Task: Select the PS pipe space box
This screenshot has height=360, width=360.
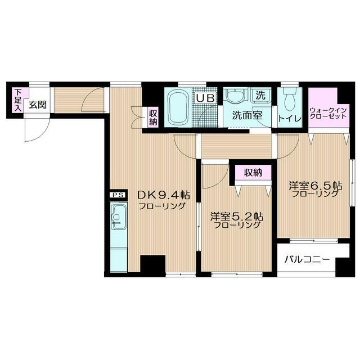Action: point(118,195)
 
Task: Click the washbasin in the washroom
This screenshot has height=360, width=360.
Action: point(236,97)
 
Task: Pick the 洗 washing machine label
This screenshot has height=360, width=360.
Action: point(260,96)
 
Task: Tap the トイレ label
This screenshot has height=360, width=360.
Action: point(290,119)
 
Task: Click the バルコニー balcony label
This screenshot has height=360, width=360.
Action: point(306,260)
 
